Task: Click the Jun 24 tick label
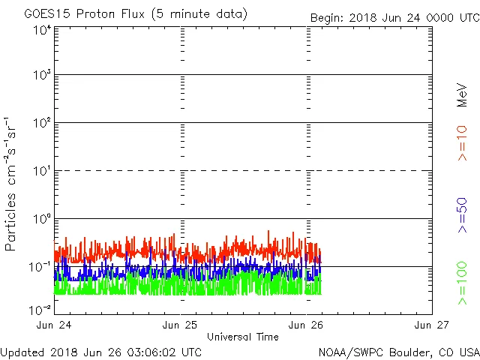pos(55,325)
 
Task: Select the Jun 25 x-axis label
pos(181,325)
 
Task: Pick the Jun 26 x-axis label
pos(307,325)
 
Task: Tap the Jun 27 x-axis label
pos(432,325)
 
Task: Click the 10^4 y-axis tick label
pos(42,30)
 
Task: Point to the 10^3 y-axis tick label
pos(42,76)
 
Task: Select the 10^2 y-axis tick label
pos(42,123)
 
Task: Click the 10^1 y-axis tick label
pos(42,171)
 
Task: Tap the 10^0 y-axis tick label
pos(42,219)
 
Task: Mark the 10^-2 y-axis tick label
pos(40,310)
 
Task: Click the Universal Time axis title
pos(243,337)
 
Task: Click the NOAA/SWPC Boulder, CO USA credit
pos(398,351)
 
